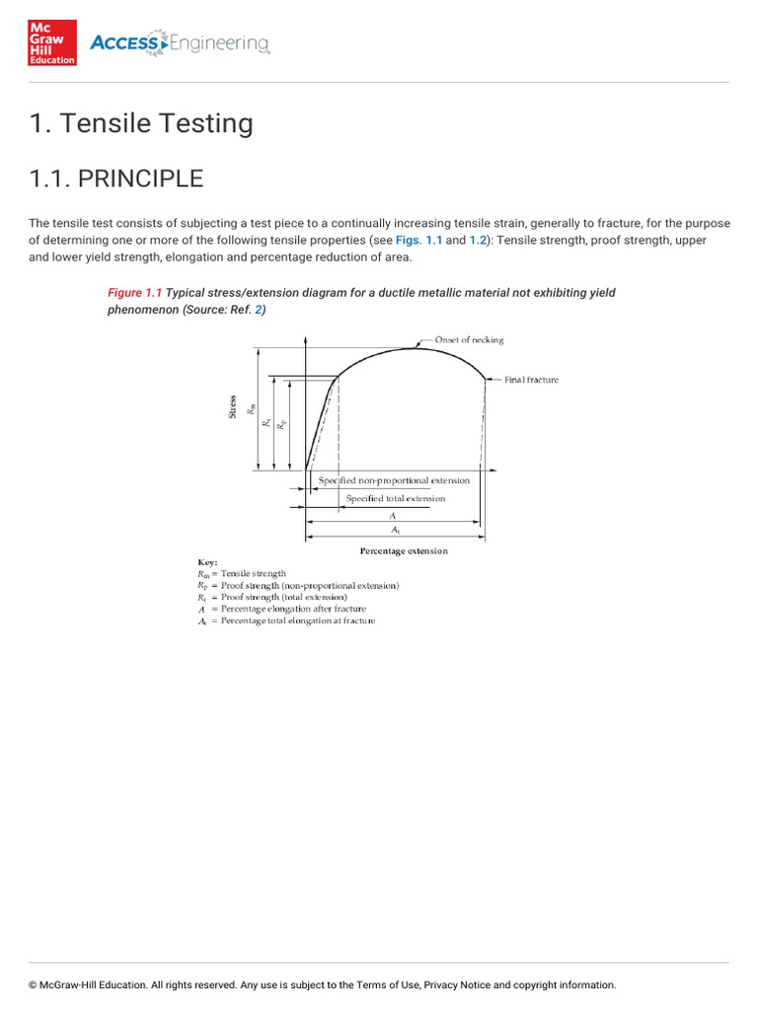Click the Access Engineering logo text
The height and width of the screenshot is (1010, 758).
click(180, 42)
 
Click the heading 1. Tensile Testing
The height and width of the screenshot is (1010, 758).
click(141, 123)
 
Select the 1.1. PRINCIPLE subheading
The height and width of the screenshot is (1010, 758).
click(116, 179)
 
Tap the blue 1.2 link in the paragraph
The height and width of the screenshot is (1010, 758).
click(479, 241)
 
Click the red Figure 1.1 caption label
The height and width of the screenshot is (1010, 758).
click(134, 293)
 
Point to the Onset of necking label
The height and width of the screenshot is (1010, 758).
click(469, 339)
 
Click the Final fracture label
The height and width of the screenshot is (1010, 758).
click(531, 380)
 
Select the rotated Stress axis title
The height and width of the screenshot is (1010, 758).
click(233, 406)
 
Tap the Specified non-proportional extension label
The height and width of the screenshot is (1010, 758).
click(394, 480)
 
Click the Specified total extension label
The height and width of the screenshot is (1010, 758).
click(395, 498)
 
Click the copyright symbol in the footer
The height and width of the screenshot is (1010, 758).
click(33, 984)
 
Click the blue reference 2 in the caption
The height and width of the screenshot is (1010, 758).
click(258, 310)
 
